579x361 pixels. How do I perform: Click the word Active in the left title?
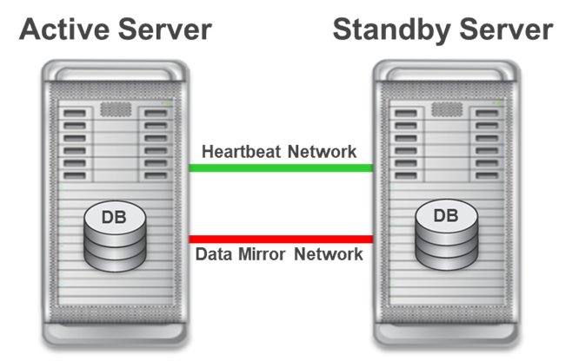pos(64,30)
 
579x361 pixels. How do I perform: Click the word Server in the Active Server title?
pos(164,30)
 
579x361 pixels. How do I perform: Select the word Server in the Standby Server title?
pos(506,30)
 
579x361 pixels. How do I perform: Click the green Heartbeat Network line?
pos(281,168)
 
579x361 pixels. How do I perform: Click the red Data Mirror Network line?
pos(281,240)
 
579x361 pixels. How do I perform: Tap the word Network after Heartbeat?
pos(322,152)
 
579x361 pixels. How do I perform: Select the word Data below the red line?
pos(214,254)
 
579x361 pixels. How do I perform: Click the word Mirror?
pos(262,254)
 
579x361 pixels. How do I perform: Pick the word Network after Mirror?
pos(329,254)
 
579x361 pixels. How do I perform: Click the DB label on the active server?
pos(114,218)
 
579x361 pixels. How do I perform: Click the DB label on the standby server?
pos(446,216)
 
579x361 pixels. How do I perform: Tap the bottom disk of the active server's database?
pos(116,260)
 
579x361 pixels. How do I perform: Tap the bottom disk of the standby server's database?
pos(447,259)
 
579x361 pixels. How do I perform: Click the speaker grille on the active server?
pos(116,109)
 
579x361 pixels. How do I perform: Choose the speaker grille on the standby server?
pos(447,109)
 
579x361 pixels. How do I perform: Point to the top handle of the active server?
pos(116,71)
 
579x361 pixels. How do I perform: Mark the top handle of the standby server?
pos(447,71)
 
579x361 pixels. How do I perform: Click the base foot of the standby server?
pos(447,333)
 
